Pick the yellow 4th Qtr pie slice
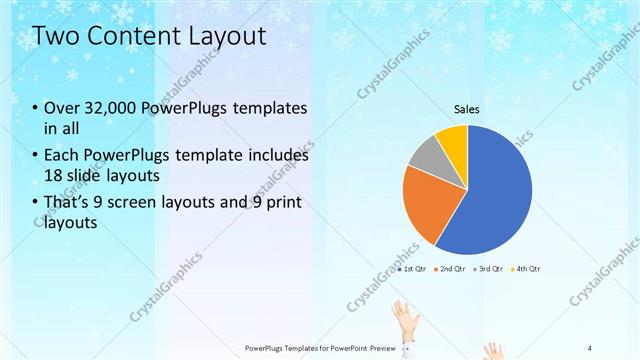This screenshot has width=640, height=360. pos(453,140)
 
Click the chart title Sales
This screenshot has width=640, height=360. pos(467,108)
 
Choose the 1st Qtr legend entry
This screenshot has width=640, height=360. pos(414,269)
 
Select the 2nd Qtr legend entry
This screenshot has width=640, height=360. pos(452,269)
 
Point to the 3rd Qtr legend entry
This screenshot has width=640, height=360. pos(489,269)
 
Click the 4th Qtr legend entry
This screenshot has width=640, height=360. pos(526,269)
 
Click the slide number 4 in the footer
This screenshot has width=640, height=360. pos(590,347)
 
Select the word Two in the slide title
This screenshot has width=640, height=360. pos(54,37)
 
